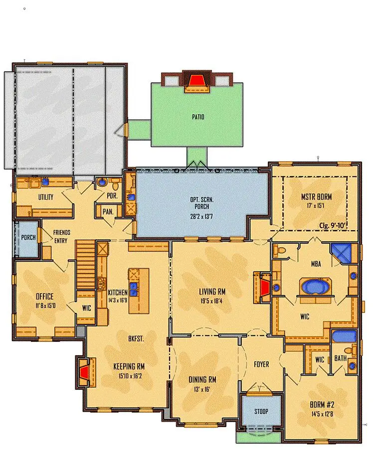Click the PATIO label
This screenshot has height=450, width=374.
click(x=198, y=117)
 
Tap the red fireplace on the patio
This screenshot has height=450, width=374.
click(x=196, y=80)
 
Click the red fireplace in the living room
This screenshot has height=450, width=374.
click(x=264, y=288)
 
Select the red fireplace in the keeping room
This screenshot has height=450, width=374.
click(x=84, y=372)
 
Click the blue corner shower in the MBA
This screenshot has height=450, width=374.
click(x=341, y=254)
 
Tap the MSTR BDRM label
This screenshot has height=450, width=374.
click(x=316, y=197)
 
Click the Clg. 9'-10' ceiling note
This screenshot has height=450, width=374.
click(x=332, y=225)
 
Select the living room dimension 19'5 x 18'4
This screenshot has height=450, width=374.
click(x=212, y=301)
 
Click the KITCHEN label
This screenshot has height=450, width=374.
click(x=118, y=293)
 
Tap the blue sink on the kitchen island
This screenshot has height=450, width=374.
click(x=133, y=289)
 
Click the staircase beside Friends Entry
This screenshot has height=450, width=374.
click(x=86, y=265)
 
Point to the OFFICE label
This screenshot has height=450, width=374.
click(x=44, y=296)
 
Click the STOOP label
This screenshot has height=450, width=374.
click(x=261, y=411)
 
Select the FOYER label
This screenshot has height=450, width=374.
click(x=261, y=364)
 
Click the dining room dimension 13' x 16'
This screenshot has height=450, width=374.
click(x=202, y=389)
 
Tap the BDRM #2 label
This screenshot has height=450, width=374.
click(x=322, y=405)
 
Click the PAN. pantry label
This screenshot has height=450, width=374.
click(x=108, y=212)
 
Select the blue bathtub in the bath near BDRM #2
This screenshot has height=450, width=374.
click(x=344, y=336)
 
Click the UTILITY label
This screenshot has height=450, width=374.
click(x=46, y=197)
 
